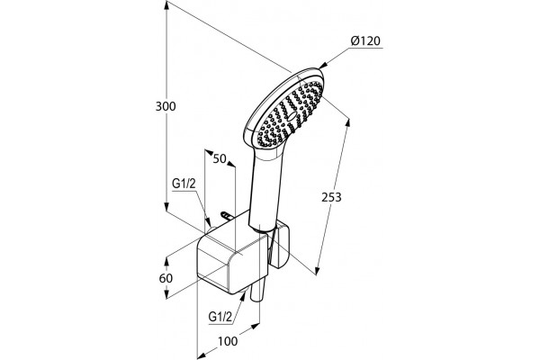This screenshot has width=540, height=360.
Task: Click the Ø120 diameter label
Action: (x=365, y=40)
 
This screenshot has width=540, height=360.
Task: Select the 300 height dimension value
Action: (x=166, y=106)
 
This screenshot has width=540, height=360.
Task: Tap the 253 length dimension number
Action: (x=331, y=197)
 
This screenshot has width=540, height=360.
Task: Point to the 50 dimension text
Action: (x=220, y=158)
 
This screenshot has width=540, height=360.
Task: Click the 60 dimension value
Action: (x=166, y=278)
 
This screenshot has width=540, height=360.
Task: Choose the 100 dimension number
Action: (x=228, y=341)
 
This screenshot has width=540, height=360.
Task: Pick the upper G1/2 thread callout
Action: (x=184, y=184)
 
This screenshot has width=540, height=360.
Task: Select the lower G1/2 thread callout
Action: (x=220, y=316)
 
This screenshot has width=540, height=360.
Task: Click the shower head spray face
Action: (x=291, y=114)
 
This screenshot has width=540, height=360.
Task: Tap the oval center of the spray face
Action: (x=291, y=116)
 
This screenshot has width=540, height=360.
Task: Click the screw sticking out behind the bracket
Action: (x=227, y=216)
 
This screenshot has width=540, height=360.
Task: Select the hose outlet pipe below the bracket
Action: (x=257, y=290)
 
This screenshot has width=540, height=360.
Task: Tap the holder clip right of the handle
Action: (x=279, y=246)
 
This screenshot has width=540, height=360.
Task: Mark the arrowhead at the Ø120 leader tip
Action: (x=323, y=66)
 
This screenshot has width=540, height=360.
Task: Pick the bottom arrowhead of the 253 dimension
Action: (x=317, y=269)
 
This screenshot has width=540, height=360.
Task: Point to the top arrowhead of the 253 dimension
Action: (x=347, y=124)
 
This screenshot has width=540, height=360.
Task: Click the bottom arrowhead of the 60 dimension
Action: (x=166, y=294)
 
